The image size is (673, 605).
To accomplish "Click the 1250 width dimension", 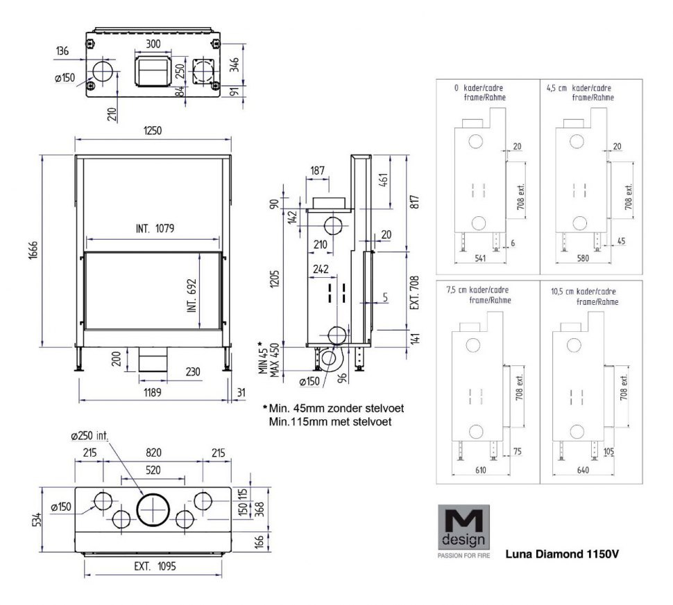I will click(x=153, y=130).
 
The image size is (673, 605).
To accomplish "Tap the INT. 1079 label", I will click(x=155, y=227).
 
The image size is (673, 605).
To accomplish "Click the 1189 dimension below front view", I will click(x=153, y=392).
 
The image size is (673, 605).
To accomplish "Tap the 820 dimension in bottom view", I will click(x=153, y=453).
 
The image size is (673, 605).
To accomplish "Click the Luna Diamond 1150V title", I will click(x=561, y=554).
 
